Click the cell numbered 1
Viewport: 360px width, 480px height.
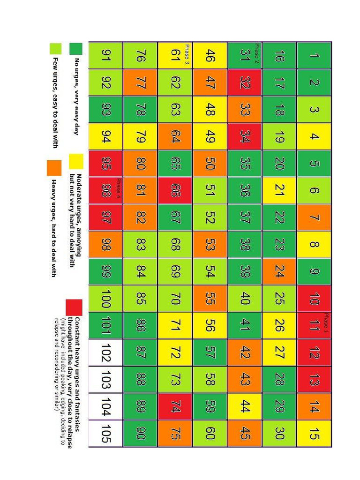click(x=314, y=55)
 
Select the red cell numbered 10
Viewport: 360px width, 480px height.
click(x=314, y=299)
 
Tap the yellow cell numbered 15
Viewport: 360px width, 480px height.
click(x=314, y=434)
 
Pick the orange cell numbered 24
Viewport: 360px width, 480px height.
click(x=279, y=271)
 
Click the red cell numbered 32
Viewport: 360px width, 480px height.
click(x=245, y=82)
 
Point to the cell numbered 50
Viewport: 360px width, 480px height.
click(x=210, y=164)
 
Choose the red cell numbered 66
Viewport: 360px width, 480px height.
click(x=175, y=190)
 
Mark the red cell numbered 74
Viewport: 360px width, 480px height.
click(x=175, y=406)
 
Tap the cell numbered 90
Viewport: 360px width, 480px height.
click(x=140, y=434)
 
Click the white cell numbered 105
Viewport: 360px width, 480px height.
click(x=105, y=434)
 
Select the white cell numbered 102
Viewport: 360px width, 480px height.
click(x=105, y=352)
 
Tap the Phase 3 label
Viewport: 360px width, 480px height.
click(x=187, y=53)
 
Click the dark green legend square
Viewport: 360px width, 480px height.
click(x=76, y=49)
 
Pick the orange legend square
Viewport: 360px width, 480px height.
click(x=53, y=167)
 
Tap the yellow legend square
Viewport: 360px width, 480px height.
click(x=76, y=161)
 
